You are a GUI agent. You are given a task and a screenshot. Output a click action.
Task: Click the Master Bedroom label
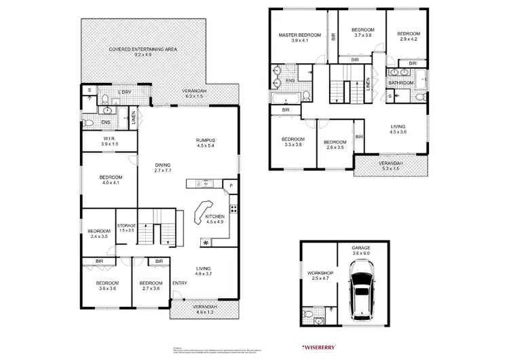(x=299, y=34)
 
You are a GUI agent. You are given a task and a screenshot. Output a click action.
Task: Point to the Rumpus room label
(x=204, y=141)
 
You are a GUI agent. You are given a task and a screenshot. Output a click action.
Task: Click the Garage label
(x=361, y=249)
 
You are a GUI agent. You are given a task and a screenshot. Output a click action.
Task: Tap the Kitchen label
(x=214, y=217)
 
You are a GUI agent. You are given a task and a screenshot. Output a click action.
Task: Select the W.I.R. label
(x=109, y=139)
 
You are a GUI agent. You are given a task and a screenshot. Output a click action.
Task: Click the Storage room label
(x=127, y=226)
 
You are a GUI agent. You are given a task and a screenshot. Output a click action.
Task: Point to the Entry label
(x=180, y=283)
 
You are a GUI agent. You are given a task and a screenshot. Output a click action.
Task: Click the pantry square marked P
(x=231, y=185)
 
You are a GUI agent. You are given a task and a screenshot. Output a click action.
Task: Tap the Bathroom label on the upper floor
(x=400, y=83)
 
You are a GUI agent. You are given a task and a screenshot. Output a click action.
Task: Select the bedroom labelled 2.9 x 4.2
(x=409, y=36)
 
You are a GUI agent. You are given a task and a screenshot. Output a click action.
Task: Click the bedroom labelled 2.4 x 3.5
(x=99, y=233)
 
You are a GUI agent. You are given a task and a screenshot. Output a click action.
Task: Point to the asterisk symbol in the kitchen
(x=205, y=242)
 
